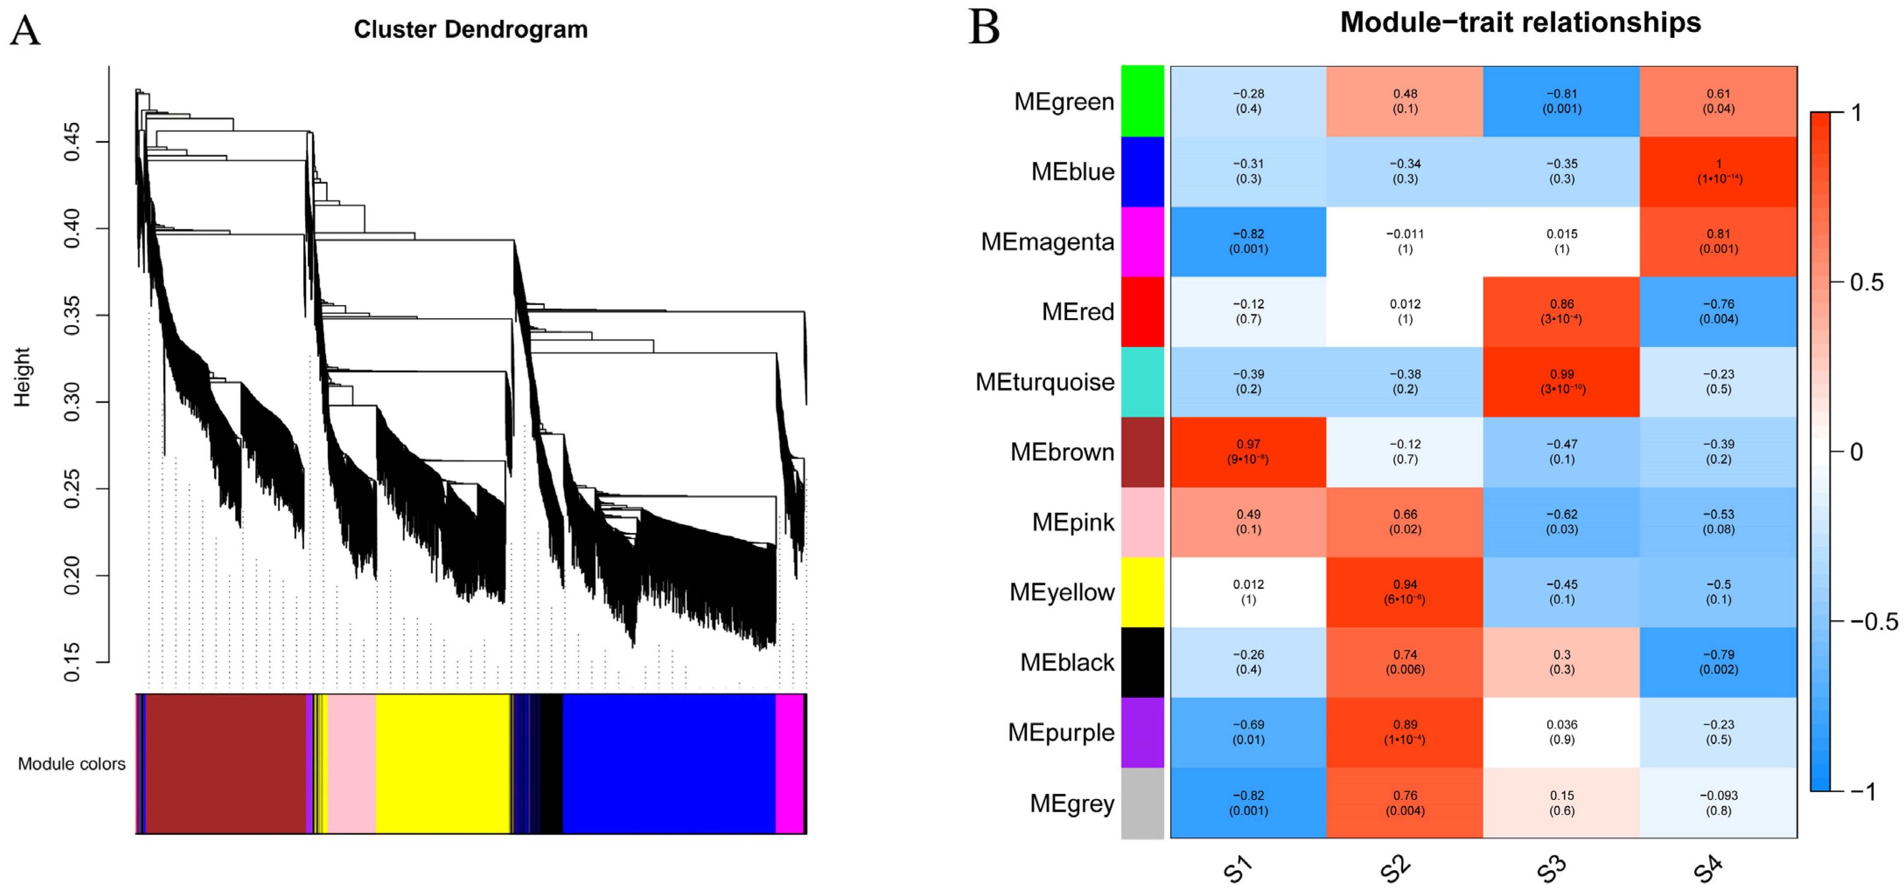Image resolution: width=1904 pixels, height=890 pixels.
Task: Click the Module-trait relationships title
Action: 1520,22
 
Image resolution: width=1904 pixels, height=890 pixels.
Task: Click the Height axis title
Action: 22,377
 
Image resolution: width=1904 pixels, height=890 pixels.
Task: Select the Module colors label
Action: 72,764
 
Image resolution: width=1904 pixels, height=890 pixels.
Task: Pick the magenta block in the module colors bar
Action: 789,764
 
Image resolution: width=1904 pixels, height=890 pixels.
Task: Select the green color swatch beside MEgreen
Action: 1142,101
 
